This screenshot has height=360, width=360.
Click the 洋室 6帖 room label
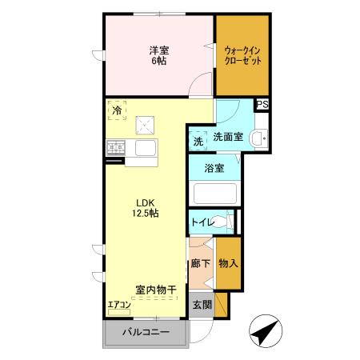[158, 55]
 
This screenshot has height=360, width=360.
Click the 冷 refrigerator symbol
[118, 112]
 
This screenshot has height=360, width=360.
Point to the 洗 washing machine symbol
[198, 141]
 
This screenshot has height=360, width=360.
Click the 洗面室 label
[227, 137]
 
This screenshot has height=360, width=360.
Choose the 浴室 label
[214, 169]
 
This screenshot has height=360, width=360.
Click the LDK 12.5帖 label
[145, 208]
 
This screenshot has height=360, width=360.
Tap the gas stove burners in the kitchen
[115, 147]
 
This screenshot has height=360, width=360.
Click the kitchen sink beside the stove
[148, 147]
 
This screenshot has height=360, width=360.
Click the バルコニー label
[145, 331]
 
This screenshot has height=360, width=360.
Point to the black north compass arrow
[266, 331]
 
